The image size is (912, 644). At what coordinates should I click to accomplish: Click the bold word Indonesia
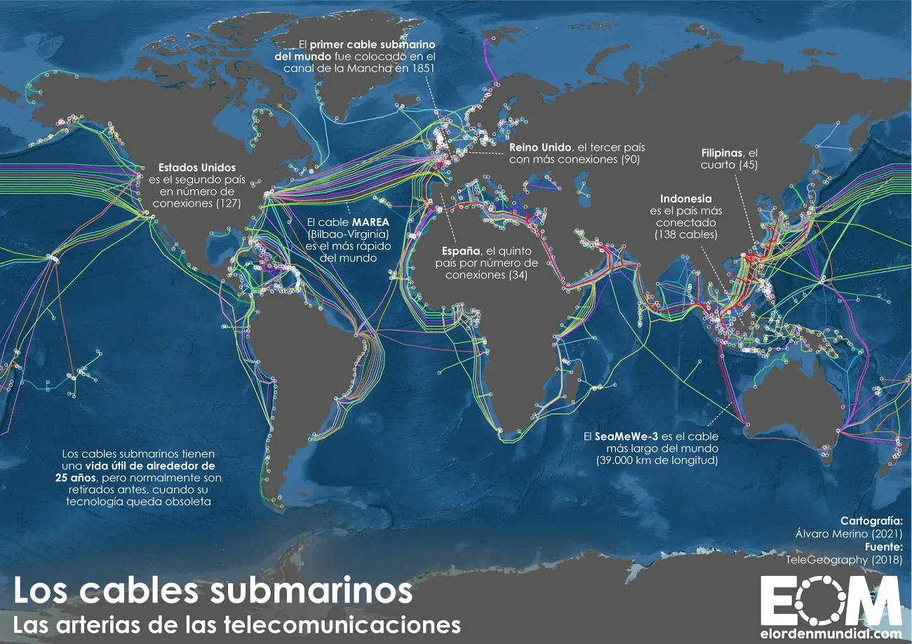[686, 199]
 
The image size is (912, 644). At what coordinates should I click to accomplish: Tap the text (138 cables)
[686, 235]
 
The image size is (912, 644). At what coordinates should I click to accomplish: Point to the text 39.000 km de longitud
[657, 460]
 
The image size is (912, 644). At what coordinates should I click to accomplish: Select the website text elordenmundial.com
[831, 633]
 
